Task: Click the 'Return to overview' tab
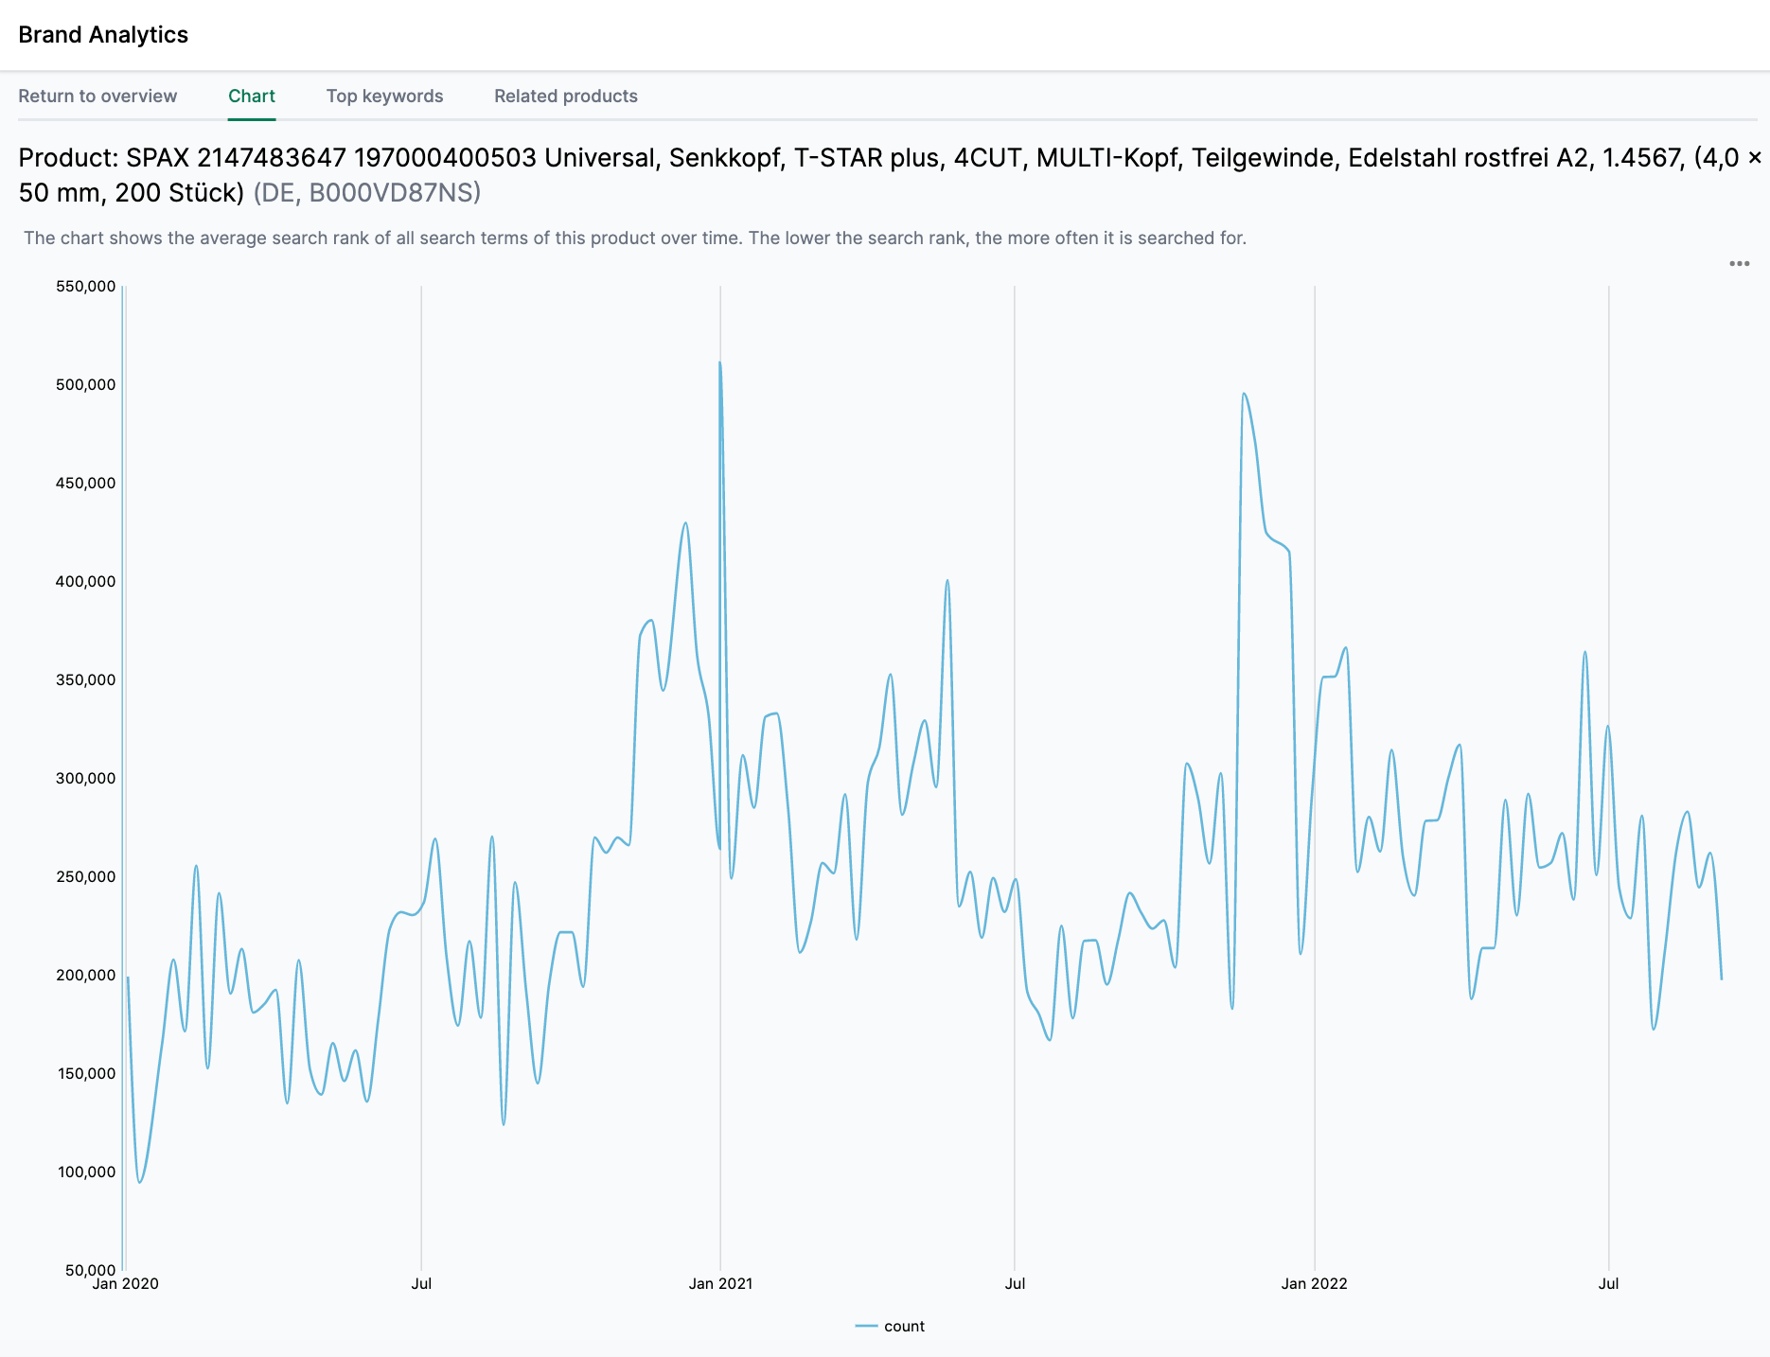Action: click(x=97, y=96)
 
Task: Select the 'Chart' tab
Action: click(x=252, y=96)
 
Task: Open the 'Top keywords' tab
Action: click(x=384, y=96)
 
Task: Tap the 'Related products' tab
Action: click(x=566, y=96)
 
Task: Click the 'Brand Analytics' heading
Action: click(x=103, y=35)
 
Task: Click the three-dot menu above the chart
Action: click(x=1739, y=264)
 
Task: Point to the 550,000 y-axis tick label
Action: click(x=86, y=286)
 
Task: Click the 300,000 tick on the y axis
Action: click(x=86, y=778)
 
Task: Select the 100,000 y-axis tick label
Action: click(x=86, y=1172)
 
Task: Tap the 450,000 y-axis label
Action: click(x=86, y=483)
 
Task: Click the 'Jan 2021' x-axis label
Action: click(x=720, y=1283)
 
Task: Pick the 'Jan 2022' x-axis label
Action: click(x=1314, y=1283)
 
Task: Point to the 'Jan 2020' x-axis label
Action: click(x=126, y=1283)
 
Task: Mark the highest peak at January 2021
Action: click(x=720, y=362)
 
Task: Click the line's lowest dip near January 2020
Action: click(x=140, y=1182)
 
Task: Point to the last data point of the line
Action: click(x=1721, y=978)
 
